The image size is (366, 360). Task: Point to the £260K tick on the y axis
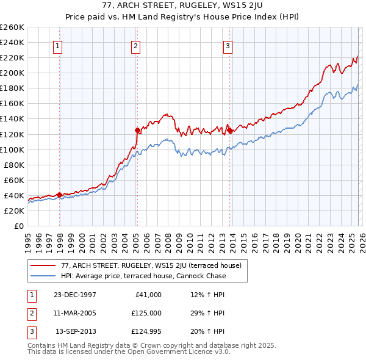[x=12, y=27]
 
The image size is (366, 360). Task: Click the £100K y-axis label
[x=12, y=149]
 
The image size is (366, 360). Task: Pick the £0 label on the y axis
[x=18, y=226]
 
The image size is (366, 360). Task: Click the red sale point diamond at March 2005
[x=137, y=130]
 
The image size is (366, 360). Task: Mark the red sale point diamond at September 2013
[x=229, y=130]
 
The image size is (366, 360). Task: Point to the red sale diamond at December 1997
[x=60, y=195]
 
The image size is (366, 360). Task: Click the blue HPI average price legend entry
[x=143, y=276]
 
